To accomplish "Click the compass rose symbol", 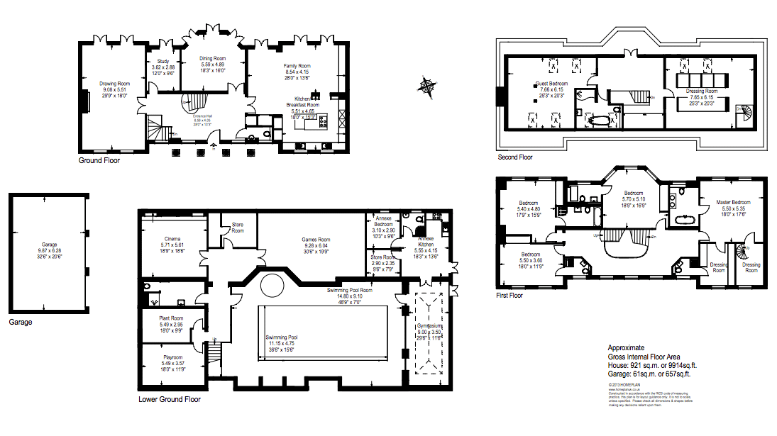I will coord(428,86).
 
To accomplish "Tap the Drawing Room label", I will coord(114,84).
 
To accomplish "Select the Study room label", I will coord(163,62).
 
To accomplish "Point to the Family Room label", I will coord(297,66).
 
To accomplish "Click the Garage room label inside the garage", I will coord(49,245).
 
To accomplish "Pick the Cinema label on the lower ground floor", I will coord(172,239).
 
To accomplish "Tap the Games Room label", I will coord(316,240).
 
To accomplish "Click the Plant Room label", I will coord(172,318).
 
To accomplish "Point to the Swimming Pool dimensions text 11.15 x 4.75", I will coord(282,344).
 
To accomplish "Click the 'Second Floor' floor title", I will coord(515,157).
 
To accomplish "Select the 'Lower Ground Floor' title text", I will coord(169,400).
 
